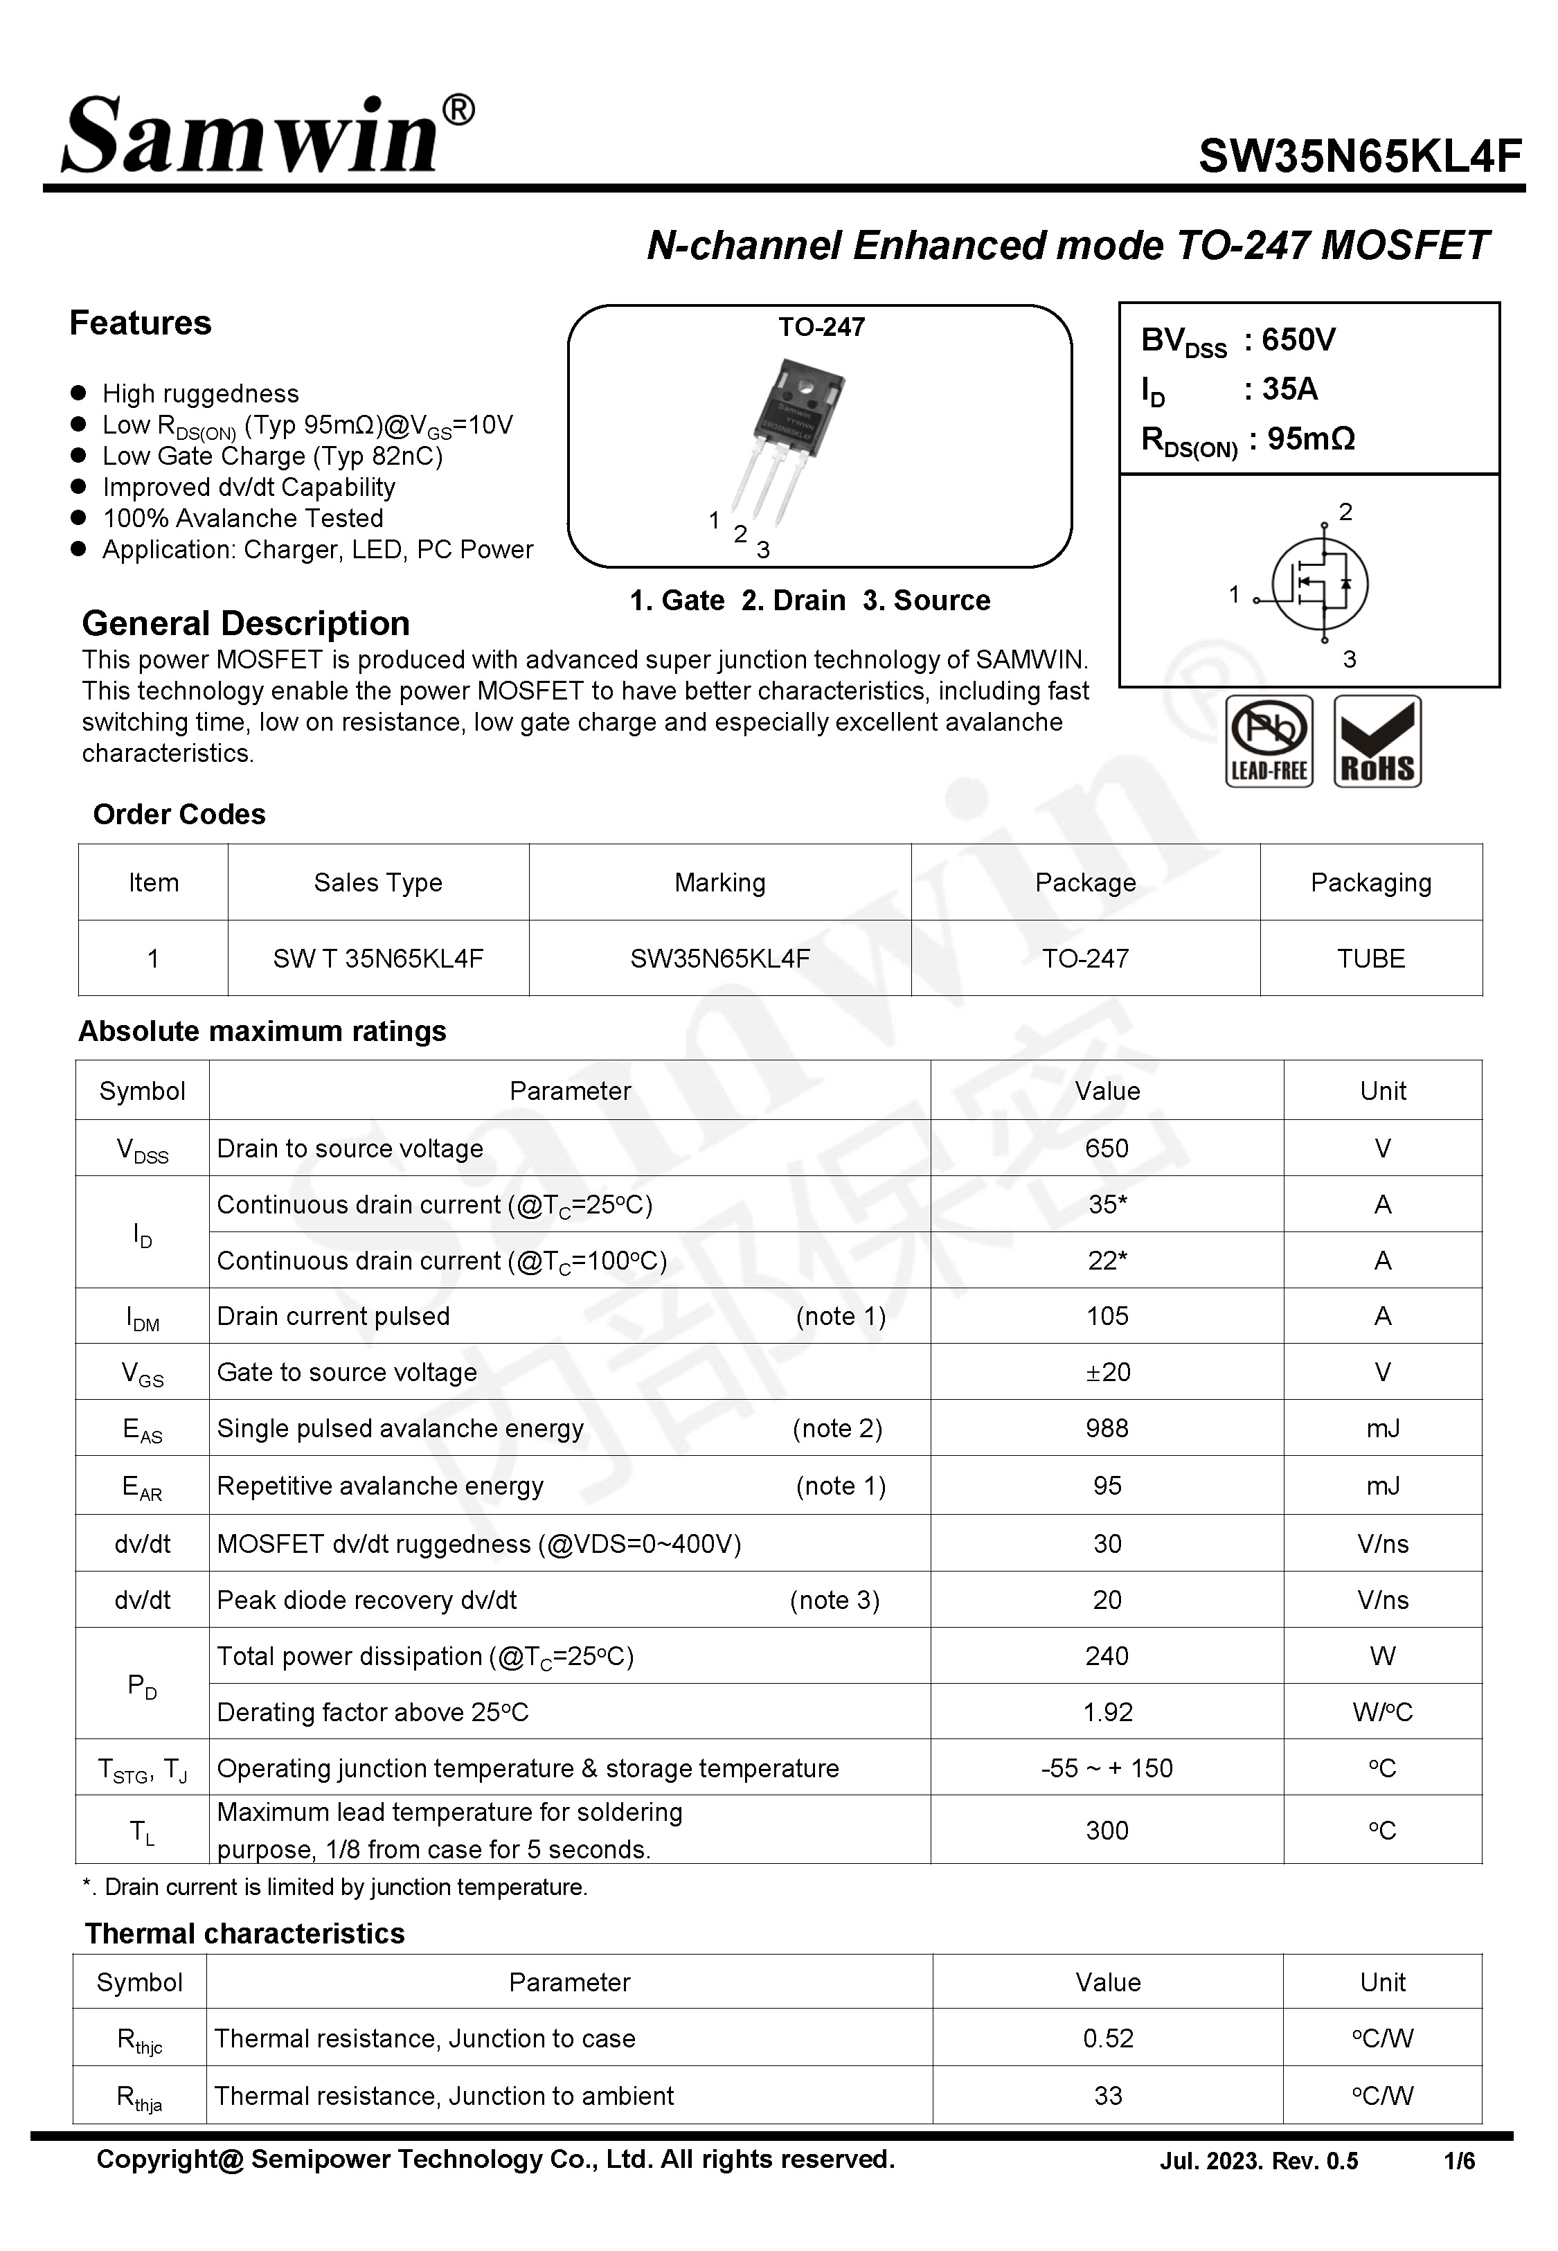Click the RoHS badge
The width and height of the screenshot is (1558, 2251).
click(1377, 741)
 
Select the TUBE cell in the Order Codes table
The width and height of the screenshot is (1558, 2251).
click(1370, 959)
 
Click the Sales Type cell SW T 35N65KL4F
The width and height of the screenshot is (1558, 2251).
click(378, 959)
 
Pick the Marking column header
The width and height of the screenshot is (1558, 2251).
click(719, 882)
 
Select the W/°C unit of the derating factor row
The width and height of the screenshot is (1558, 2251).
click(1381, 1712)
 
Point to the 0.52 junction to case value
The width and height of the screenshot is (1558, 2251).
click(1107, 2038)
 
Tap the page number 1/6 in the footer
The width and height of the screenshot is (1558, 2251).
click(1458, 2161)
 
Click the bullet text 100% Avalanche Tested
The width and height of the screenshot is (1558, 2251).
click(242, 518)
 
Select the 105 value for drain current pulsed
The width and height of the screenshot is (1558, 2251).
click(1107, 1316)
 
